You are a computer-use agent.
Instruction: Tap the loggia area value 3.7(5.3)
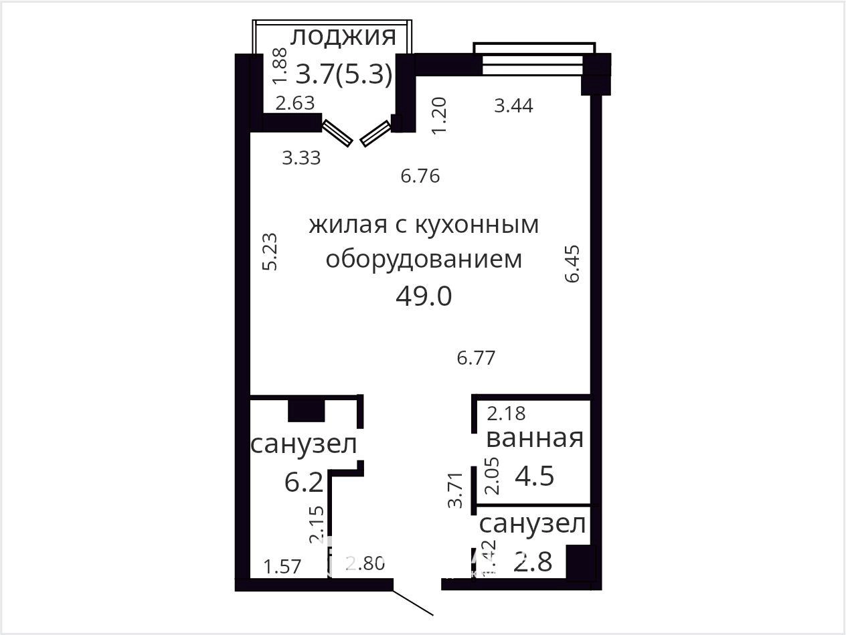[344, 74]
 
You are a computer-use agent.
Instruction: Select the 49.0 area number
[424, 296]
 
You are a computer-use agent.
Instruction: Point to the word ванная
[535, 438]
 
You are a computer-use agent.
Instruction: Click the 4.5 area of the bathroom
[535, 476]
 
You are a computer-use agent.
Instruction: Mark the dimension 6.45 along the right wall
[572, 264]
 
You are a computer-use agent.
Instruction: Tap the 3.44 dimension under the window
[514, 106]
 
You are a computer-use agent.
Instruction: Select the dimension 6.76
[420, 176]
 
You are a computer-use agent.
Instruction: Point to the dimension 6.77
[476, 358]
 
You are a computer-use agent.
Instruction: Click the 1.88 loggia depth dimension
[280, 66]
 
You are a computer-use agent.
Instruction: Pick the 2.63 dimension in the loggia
[295, 103]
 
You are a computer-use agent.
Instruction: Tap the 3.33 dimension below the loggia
[301, 158]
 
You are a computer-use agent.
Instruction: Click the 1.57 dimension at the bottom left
[282, 567]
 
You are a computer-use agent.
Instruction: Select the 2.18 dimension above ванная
[506, 414]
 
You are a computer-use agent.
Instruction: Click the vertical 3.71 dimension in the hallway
[455, 490]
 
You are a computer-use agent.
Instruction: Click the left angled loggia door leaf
[337, 133]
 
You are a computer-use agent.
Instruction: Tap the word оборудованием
[424, 260]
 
